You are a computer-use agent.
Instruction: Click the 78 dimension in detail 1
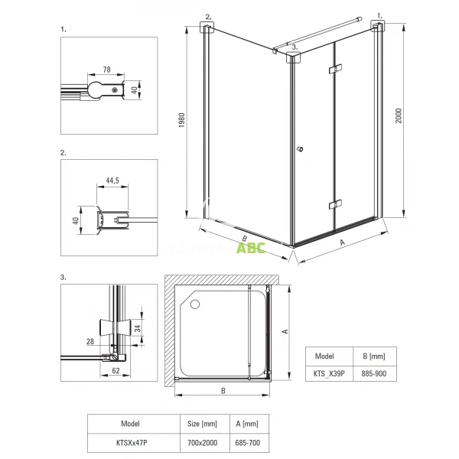107,70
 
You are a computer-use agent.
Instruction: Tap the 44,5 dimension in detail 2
112,181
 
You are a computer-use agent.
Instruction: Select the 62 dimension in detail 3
116,370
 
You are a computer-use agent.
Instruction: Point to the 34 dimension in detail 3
138,328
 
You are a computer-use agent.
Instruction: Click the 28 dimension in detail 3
90,341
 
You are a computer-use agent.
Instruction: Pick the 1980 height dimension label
182,120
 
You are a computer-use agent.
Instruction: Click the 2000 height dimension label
399,116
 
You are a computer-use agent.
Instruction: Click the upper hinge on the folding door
335,69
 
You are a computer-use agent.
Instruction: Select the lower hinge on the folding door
335,204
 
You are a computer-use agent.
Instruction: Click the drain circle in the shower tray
195,304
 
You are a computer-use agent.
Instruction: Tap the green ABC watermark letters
251,248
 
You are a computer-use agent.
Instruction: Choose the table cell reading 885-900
373,373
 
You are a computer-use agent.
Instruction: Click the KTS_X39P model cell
329,373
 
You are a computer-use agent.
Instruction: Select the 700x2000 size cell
202,443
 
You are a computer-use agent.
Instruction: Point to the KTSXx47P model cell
132,443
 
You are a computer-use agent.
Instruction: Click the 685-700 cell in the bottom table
248,443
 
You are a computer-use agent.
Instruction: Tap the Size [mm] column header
202,424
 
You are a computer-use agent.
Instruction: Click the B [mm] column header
374,356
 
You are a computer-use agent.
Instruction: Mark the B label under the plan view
223,391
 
